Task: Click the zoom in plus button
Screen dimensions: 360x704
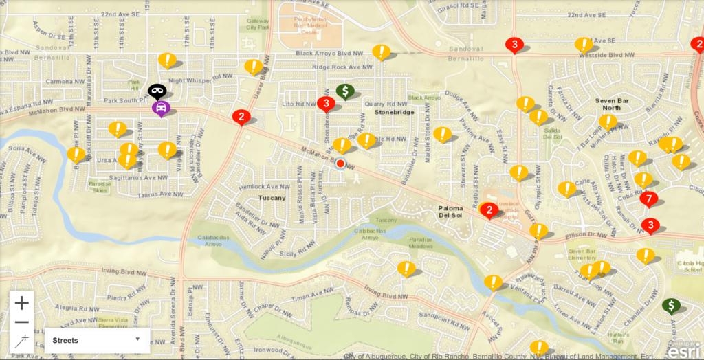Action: coord(22,303)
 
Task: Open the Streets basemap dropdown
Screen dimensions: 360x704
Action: coord(97,339)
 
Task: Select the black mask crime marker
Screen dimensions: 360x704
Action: coord(157,90)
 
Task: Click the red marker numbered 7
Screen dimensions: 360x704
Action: coord(648,199)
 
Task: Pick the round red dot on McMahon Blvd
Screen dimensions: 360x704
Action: coord(340,164)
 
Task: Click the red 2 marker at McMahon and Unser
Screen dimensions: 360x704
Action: coord(241,116)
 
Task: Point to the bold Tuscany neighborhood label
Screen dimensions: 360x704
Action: coord(272,198)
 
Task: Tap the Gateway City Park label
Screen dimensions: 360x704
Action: coord(257,23)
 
